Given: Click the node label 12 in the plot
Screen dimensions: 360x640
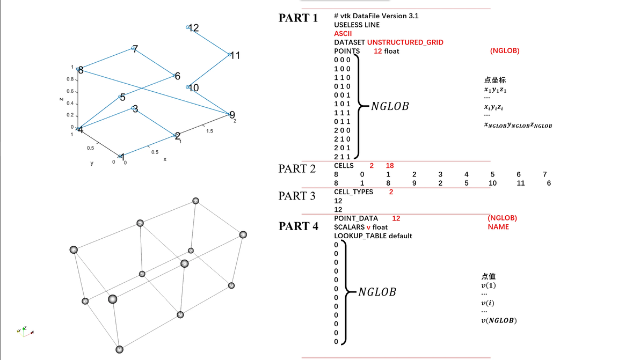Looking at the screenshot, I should tap(194, 28).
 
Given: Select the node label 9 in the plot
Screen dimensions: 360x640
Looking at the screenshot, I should tap(232, 115).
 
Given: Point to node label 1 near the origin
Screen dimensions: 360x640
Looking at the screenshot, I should tap(123, 157).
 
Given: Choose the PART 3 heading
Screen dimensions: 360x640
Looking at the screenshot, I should tap(297, 196).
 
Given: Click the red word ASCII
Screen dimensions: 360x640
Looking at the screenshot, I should tap(343, 33).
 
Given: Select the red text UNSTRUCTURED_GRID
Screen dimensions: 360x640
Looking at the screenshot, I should tap(405, 42).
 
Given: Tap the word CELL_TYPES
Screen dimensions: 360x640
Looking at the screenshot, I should tap(353, 192).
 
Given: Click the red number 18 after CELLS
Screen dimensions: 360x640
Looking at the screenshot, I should tap(390, 166).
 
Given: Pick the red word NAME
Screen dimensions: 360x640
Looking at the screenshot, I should tap(498, 227).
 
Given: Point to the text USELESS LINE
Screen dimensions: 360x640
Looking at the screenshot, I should tap(357, 25).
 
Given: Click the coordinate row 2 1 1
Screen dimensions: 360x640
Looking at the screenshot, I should tap(342, 157).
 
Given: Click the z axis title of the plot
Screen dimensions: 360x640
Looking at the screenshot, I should tap(62, 99).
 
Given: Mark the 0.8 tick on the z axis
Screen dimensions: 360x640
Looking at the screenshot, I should tap(70, 79).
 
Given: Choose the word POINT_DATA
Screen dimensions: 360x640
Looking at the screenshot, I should tap(355, 218).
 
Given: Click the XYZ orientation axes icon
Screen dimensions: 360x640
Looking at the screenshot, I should tap(25, 332).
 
